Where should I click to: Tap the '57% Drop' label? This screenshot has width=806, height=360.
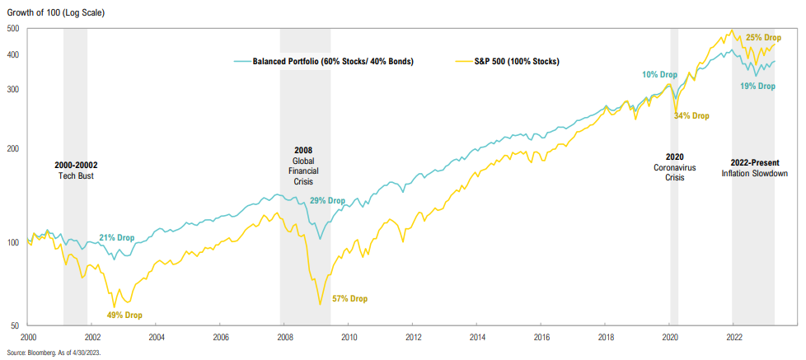349,298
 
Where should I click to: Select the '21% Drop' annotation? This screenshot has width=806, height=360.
117,237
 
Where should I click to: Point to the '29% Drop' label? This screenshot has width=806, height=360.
327,201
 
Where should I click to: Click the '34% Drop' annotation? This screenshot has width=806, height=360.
691,116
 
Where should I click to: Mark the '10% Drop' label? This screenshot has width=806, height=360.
661,75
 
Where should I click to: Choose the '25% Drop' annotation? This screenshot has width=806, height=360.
763,38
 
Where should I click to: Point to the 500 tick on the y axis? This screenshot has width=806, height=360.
14,29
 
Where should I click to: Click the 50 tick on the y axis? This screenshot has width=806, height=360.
16,326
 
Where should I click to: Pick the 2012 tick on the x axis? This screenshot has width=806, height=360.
413,337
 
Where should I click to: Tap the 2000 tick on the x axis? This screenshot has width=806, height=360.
28,337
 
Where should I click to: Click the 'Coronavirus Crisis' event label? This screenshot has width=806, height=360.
675,174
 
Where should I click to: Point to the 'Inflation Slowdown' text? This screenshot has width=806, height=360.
754,174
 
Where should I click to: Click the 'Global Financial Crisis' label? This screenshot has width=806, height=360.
304,171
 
